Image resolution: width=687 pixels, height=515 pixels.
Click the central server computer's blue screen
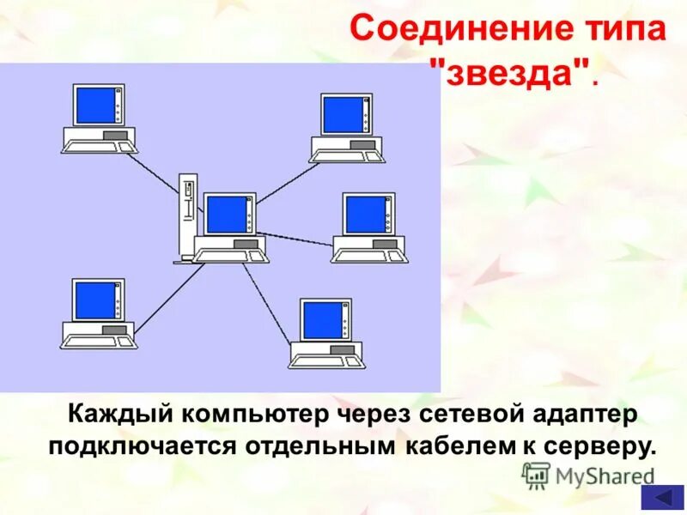tap(227, 214)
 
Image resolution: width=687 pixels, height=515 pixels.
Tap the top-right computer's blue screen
tap(343, 114)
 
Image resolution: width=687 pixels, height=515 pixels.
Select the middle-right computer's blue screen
tap(366, 214)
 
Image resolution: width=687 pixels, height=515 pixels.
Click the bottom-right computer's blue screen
tap(322, 319)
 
